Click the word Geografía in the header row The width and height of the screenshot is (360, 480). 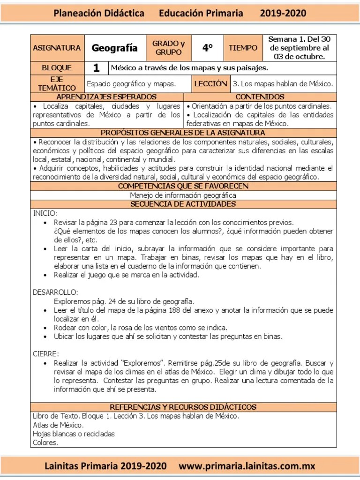[x=114, y=48]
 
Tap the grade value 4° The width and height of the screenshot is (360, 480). [x=208, y=48]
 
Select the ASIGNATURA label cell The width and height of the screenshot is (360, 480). [x=57, y=48]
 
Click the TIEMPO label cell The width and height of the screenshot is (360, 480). [x=243, y=48]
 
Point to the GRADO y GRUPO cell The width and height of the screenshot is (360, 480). [x=169, y=48]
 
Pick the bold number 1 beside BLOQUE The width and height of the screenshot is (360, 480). [x=96, y=68]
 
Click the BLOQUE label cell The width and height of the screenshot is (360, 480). [x=57, y=68]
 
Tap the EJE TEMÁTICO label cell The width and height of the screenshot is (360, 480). [x=57, y=84]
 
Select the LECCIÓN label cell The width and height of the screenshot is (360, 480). [x=210, y=84]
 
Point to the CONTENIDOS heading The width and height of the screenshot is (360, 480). [x=260, y=97]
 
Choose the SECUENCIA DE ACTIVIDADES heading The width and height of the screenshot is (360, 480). [x=183, y=204]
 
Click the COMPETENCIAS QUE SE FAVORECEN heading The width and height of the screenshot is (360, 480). [x=183, y=186]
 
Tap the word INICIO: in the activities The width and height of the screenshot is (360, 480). [x=45, y=213]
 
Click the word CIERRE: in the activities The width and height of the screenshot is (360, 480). [x=46, y=353]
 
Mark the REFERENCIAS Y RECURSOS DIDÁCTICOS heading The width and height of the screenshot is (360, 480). [x=183, y=407]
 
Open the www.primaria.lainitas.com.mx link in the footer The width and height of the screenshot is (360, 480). [x=247, y=466]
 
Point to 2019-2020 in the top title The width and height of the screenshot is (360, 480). [x=283, y=14]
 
